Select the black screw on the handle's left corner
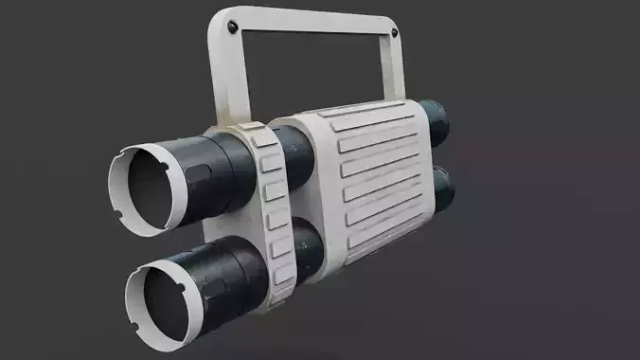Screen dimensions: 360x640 tap(233, 28)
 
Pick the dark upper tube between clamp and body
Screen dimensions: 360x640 tap(293, 156)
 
